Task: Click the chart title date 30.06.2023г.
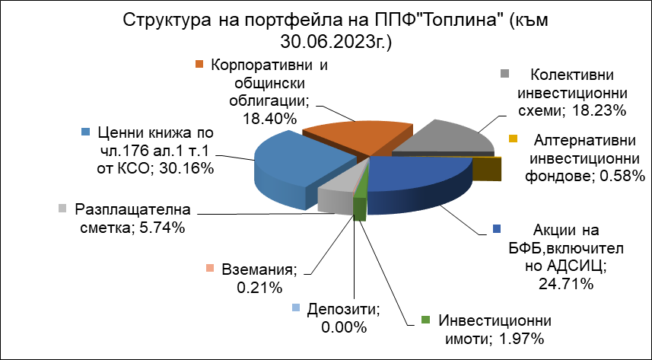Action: [x=336, y=42]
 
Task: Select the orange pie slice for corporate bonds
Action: [x=358, y=136]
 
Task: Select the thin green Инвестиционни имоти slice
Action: [x=361, y=204]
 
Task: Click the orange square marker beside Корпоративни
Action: [x=199, y=64]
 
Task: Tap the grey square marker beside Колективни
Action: [x=505, y=73]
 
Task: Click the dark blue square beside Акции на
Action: [x=497, y=228]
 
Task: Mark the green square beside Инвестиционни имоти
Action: [x=425, y=320]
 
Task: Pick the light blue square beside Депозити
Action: [x=295, y=307]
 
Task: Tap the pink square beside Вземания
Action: [x=210, y=269]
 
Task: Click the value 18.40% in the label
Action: [x=270, y=119]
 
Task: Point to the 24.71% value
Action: [x=565, y=284]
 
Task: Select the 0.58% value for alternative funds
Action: [x=622, y=177]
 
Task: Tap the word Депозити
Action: [x=345, y=309]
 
